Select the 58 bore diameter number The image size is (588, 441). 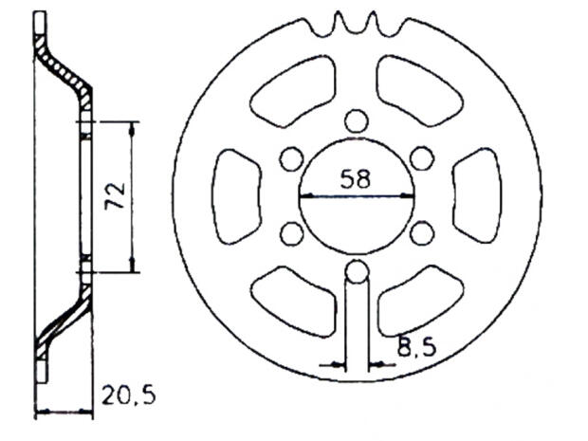[357, 178]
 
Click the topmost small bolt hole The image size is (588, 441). [357, 120]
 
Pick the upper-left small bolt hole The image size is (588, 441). [292, 159]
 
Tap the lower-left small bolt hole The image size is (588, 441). [292, 232]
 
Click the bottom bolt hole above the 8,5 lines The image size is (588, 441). [357, 272]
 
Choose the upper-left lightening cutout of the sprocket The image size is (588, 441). [295, 87]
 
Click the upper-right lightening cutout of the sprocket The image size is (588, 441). [418, 87]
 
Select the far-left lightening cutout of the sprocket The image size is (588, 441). [234, 195]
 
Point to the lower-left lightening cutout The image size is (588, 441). [295, 300]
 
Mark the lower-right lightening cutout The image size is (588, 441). [418, 300]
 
